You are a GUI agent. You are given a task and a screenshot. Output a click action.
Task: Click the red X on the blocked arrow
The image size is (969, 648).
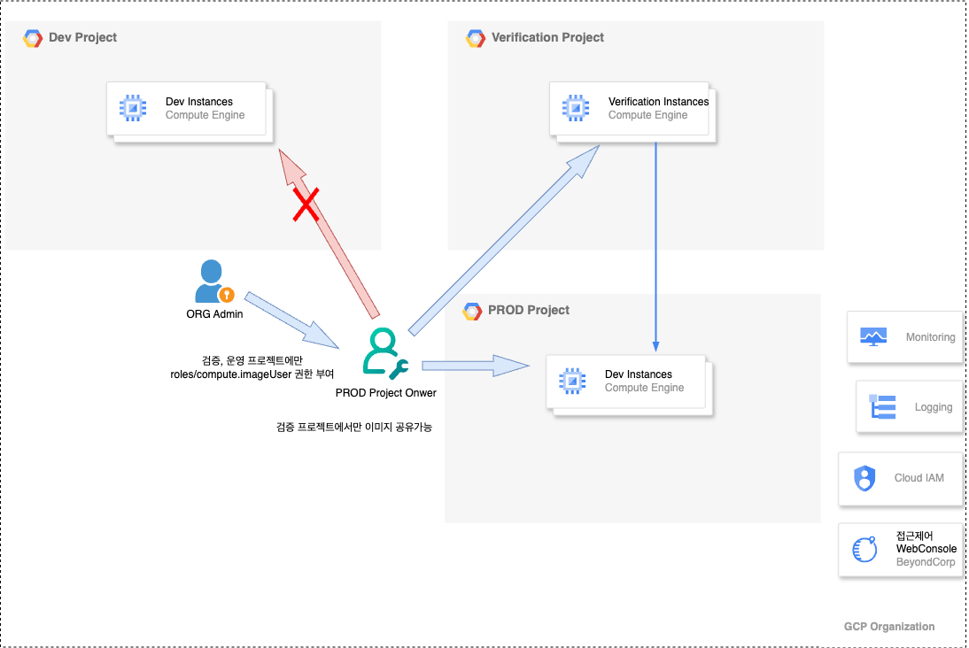click(x=306, y=206)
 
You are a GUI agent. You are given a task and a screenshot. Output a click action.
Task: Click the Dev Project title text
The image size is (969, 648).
click(x=82, y=37)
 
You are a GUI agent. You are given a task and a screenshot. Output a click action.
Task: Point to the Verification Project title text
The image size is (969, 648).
click(x=547, y=37)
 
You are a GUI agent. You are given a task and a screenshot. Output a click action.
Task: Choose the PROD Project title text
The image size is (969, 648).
click(x=529, y=310)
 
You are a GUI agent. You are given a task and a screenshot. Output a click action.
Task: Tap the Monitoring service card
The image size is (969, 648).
click(x=904, y=337)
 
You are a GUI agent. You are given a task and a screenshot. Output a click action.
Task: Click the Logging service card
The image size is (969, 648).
click(x=909, y=407)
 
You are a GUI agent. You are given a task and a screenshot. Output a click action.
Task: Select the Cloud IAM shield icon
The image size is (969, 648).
click(x=864, y=478)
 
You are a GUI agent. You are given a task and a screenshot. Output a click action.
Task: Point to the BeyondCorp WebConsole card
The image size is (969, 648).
click(x=901, y=549)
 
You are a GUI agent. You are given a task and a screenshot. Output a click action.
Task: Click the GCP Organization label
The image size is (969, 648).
click(x=888, y=627)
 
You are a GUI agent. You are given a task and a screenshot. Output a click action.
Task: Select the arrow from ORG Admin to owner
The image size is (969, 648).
click(x=291, y=320)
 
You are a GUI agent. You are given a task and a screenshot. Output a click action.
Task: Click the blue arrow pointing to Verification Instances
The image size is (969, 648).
click(x=505, y=239)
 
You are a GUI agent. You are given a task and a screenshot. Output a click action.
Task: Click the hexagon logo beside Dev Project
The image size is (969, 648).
click(x=33, y=38)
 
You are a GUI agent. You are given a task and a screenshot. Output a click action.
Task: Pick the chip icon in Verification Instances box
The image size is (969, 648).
click(x=576, y=109)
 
